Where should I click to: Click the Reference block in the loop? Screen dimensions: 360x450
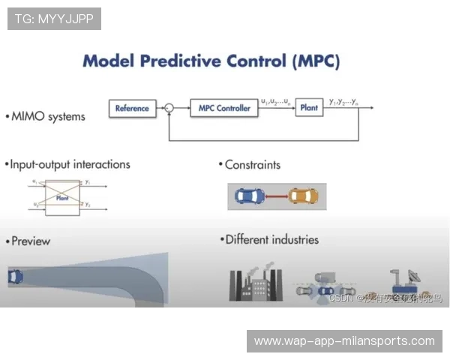tap(132, 108)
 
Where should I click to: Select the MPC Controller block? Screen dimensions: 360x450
tap(224, 108)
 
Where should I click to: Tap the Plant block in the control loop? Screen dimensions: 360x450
tap(308, 108)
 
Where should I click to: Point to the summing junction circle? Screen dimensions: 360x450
tap(169, 109)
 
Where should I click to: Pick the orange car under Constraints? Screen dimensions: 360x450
tap(303, 196)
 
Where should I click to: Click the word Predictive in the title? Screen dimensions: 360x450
tap(194, 60)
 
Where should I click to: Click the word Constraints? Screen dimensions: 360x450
tap(252, 164)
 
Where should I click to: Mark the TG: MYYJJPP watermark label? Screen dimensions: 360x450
tap(54, 18)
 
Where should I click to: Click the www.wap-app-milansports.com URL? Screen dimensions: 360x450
tap(344, 341)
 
